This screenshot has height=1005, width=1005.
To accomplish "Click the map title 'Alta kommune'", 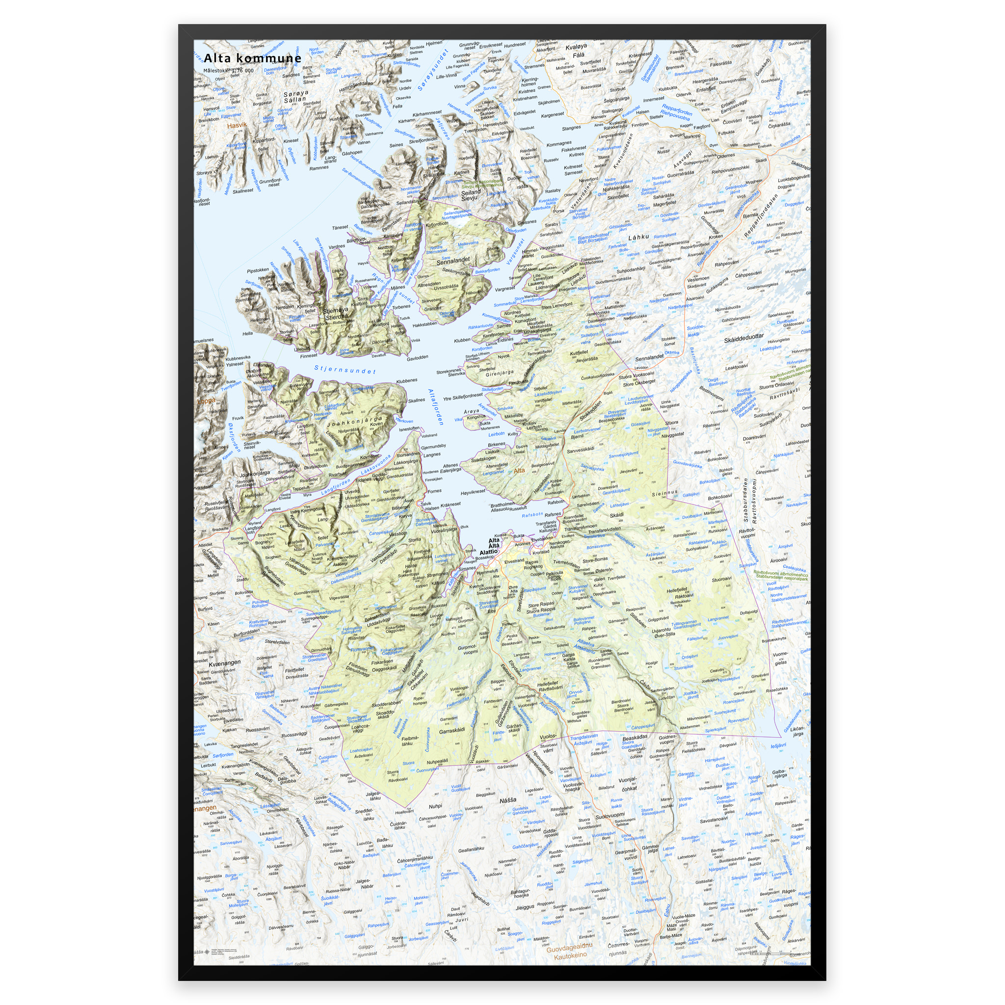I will (252, 58).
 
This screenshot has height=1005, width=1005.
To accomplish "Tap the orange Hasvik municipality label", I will (237, 125).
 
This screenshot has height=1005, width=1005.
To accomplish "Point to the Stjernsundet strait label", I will (344, 370).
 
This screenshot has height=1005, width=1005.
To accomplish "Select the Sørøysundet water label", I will (432, 71).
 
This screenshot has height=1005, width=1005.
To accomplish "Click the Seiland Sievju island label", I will (471, 195).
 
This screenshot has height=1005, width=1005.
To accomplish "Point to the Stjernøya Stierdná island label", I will (336, 314).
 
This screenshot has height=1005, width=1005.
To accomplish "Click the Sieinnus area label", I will (665, 492).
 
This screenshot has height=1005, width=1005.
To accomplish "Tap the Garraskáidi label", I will (451, 731).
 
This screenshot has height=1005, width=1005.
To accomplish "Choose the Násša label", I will (508, 800).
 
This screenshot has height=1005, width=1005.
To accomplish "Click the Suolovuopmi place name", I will (609, 816).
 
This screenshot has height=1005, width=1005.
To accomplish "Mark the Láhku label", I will (639, 237).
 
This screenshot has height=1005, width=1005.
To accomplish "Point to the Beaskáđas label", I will (635, 737).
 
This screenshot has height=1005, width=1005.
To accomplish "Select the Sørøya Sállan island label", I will (295, 96).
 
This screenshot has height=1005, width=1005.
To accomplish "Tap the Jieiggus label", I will (525, 907).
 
